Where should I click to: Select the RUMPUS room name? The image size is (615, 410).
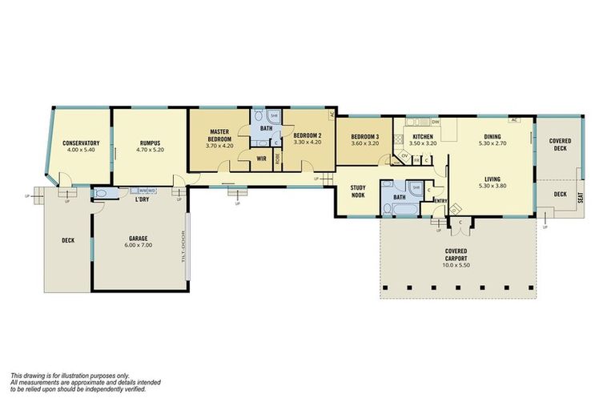point(150,143)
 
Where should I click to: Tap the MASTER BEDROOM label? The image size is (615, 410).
point(220,135)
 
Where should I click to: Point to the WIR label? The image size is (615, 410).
point(261,159)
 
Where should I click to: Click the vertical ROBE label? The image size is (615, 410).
point(277,159)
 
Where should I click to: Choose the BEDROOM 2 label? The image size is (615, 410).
point(307,135)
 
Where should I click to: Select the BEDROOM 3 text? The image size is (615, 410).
point(364,136)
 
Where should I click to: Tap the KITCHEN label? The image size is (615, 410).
point(424,136)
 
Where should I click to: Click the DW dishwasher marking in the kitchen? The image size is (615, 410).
point(436,122)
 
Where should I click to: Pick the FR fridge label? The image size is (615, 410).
point(416,160)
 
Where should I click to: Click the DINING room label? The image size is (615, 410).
point(492,136)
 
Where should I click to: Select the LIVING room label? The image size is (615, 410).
point(492,179)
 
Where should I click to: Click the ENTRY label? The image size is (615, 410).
point(440,200)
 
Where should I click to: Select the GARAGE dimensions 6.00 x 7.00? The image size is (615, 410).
point(140,244)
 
